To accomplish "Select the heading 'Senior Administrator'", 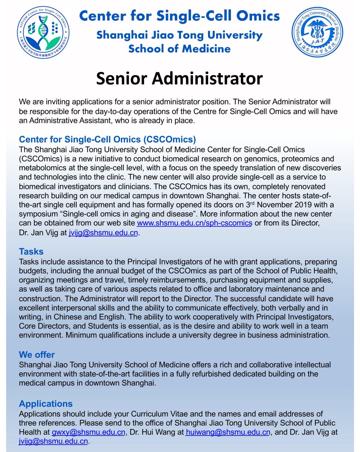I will [x=179, y=78].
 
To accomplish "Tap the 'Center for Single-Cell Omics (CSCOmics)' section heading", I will [x=107, y=139].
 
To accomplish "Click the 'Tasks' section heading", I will [x=31, y=251].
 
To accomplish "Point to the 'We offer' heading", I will [x=37, y=354].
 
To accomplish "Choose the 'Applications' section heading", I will [x=46, y=404].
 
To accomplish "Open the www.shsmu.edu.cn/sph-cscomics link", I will [x=194, y=223].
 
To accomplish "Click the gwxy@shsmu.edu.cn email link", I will [x=88, y=432].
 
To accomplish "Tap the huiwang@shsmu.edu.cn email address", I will [x=228, y=432].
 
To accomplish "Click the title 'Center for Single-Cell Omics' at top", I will [x=180, y=16].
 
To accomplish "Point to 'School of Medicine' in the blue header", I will [x=179, y=48].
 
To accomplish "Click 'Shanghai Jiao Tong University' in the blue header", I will [x=179, y=35].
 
